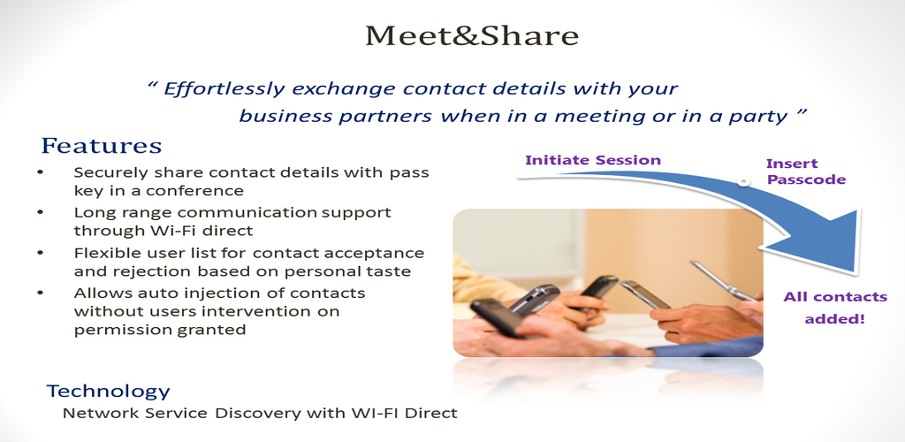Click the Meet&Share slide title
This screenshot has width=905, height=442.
click(x=472, y=35)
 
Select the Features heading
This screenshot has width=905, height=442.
click(x=102, y=145)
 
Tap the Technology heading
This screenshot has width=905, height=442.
click(x=109, y=392)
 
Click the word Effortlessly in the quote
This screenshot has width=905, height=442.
click(x=224, y=89)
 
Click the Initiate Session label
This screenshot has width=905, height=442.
click(x=593, y=160)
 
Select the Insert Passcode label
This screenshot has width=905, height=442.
click(x=806, y=171)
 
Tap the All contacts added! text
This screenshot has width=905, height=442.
click(x=834, y=308)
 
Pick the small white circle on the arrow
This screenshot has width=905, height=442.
click(x=744, y=182)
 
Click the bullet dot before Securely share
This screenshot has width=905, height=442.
click(x=40, y=172)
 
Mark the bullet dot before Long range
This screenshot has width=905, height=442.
click(x=40, y=212)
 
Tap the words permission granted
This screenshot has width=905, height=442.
click(x=160, y=330)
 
